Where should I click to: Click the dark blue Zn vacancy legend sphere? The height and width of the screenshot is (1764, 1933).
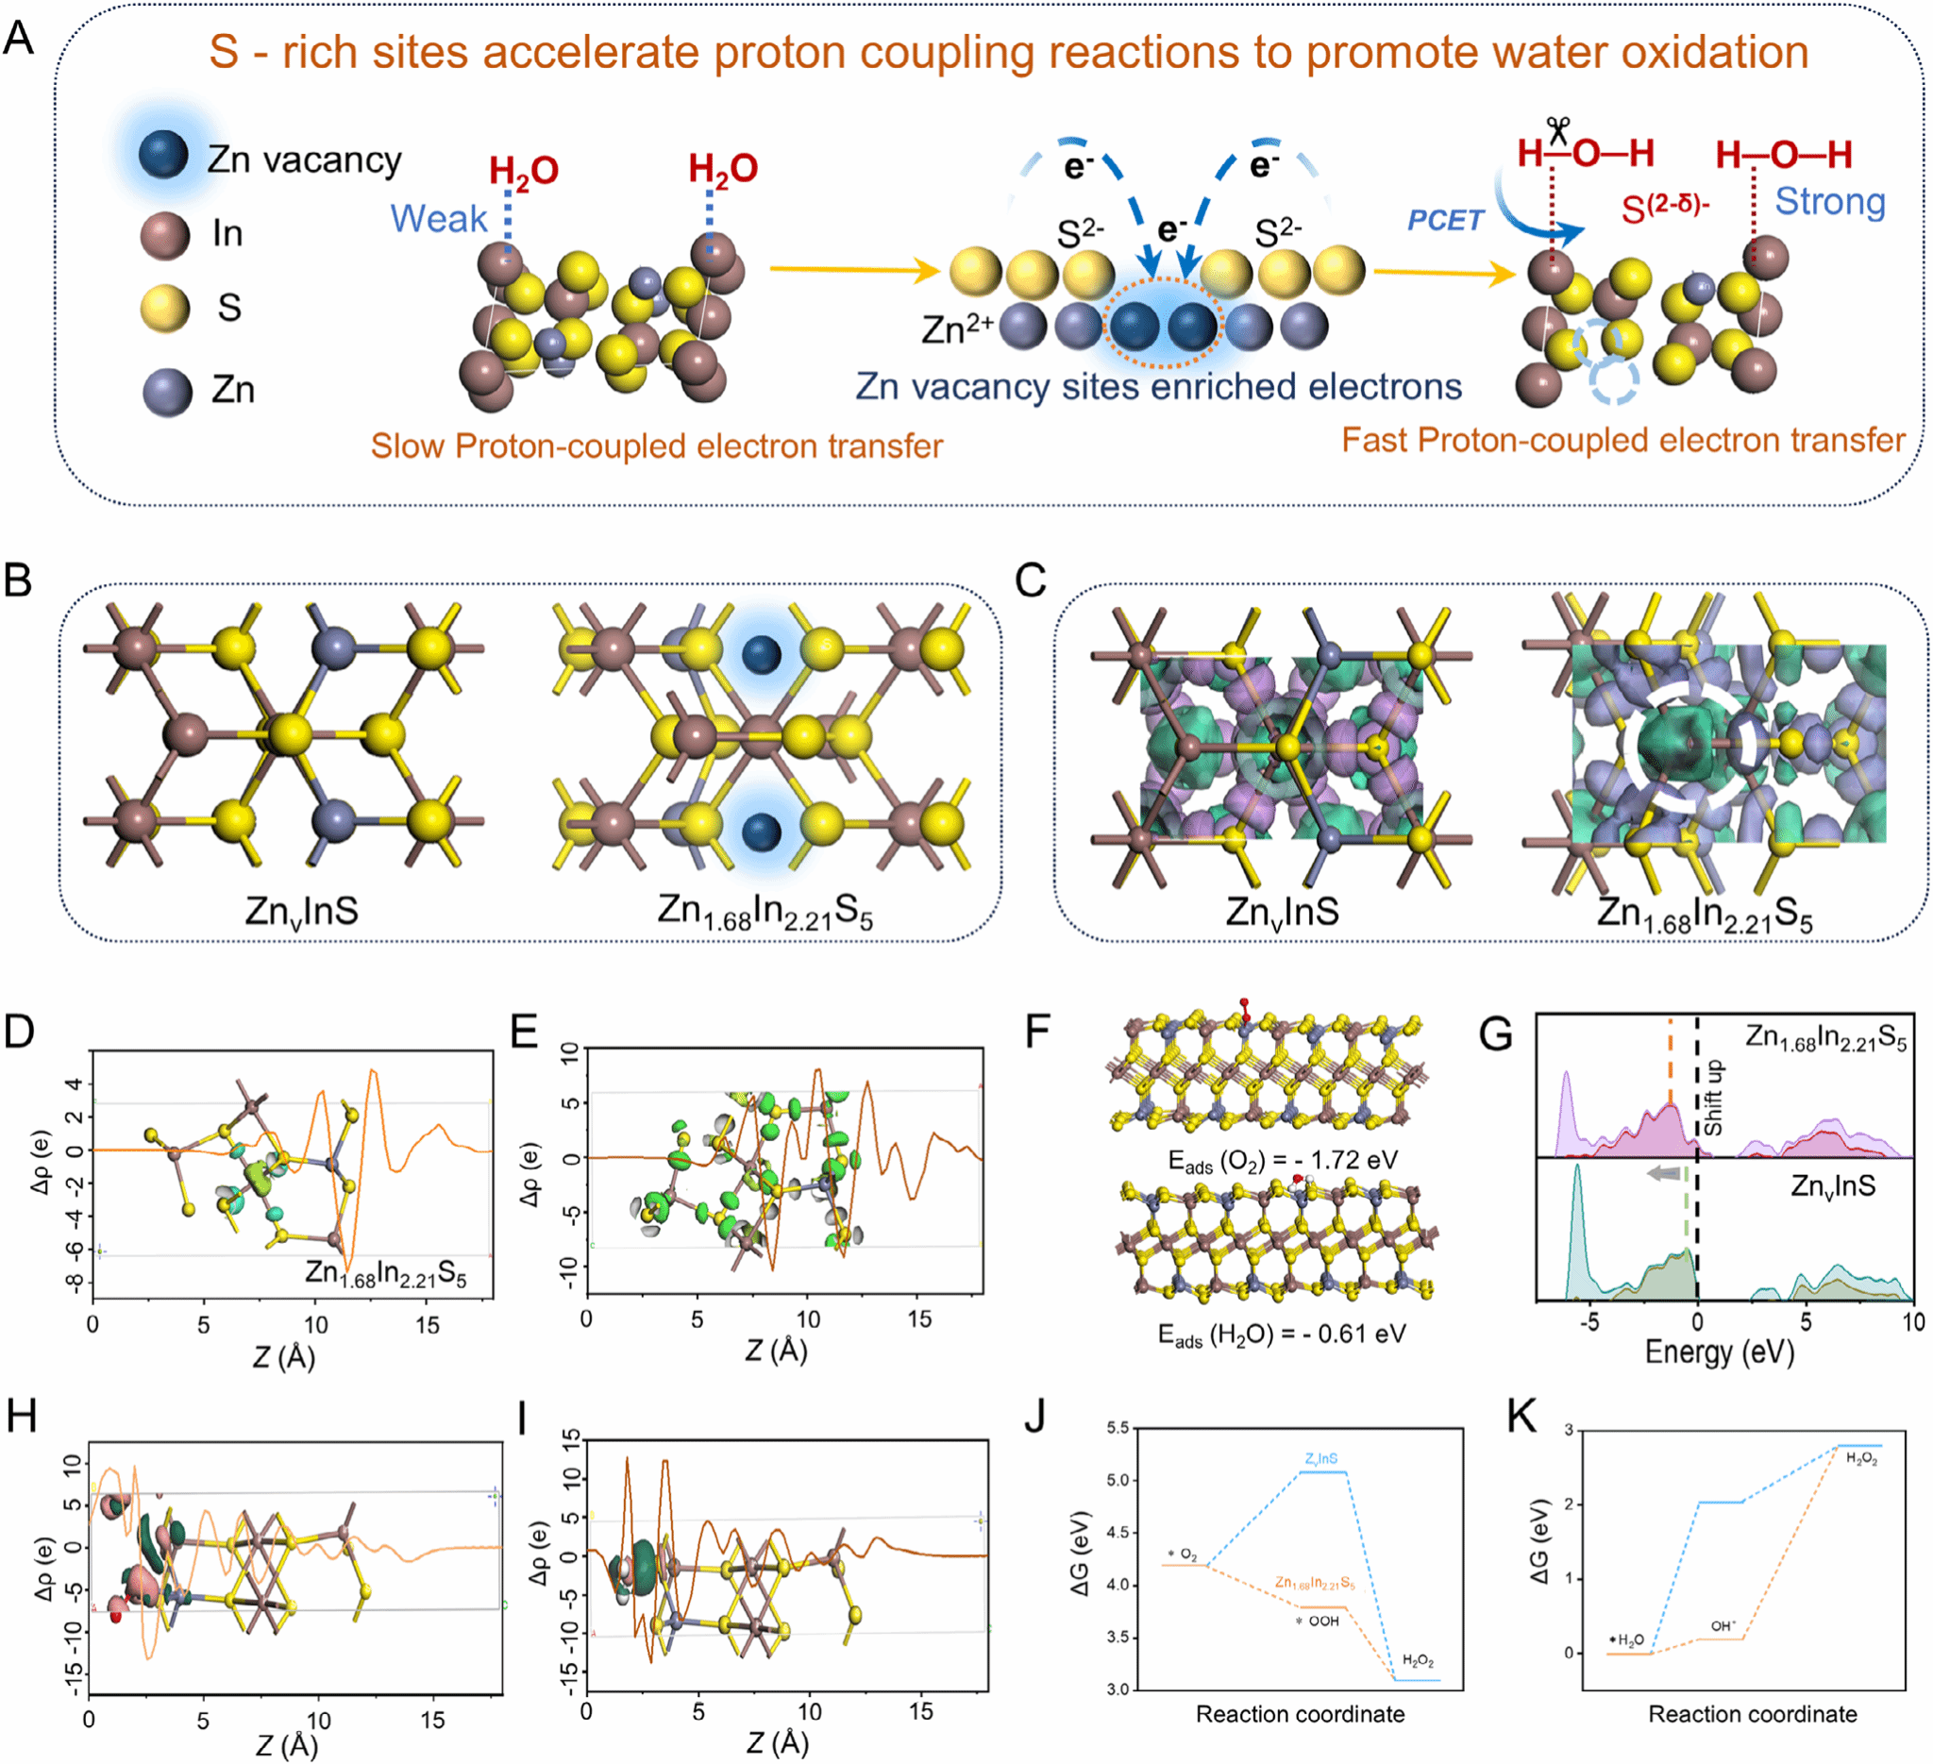(x=163, y=156)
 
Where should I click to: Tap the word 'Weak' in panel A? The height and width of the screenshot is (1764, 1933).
(x=438, y=219)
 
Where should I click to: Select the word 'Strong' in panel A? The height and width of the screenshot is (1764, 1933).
(x=1829, y=201)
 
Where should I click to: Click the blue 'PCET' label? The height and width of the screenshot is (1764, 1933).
(x=1445, y=221)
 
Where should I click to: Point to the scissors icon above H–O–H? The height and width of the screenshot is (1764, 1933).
(x=1558, y=130)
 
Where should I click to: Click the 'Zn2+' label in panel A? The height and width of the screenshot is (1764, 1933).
(x=957, y=328)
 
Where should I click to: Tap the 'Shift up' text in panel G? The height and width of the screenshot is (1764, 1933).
(x=1712, y=1097)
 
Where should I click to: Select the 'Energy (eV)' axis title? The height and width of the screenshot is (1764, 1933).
(x=1719, y=1352)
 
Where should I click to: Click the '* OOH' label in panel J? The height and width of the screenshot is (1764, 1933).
(x=1318, y=1621)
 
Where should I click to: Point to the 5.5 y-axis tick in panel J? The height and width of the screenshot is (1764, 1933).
(x=1117, y=1428)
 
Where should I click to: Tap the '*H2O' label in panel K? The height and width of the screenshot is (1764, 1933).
(x=1627, y=1640)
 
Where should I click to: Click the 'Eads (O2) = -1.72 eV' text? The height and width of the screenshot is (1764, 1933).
(x=1283, y=1161)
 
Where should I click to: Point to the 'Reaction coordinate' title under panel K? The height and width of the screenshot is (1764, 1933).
(x=1752, y=1715)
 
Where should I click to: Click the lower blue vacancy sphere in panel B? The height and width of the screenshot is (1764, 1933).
(x=762, y=830)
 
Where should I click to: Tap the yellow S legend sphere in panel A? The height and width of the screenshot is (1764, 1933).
(x=165, y=308)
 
